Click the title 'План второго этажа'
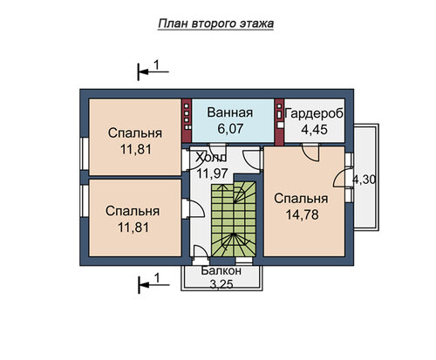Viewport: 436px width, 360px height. pyautogui.click(x=216, y=24)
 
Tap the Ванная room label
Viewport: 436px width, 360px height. pyautogui.click(x=230, y=112)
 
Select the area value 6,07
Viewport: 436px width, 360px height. pyautogui.click(x=230, y=129)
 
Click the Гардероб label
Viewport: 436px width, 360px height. pyautogui.click(x=314, y=114)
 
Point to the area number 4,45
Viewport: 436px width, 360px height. pyautogui.click(x=314, y=130)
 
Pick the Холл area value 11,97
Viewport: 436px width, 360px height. pyautogui.click(x=212, y=173)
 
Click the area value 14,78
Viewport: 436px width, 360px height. pyautogui.click(x=303, y=215)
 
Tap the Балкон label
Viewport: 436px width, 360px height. pyautogui.click(x=221, y=270)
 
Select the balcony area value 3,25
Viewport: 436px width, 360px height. pyautogui.click(x=221, y=285)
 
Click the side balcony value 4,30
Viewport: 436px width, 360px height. pyautogui.click(x=364, y=180)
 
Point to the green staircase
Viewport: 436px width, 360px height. pyautogui.click(x=234, y=219)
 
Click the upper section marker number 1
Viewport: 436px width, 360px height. pyautogui.click(x=156, y=65)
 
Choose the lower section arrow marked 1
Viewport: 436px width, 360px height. pyautogui.click(x=153, y=285)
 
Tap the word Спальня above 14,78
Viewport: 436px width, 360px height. pyautogui.click(x=301, y=199)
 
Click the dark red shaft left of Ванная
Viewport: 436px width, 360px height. pyautogui.click(x=187, y=120)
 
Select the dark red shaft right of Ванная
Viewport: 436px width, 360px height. pyautogui.click(x=279, y=122)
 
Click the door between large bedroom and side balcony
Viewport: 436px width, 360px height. pyautogui.click(x=340, y=178)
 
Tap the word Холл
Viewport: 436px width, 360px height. pyautogui.click(x=211, y=158)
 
